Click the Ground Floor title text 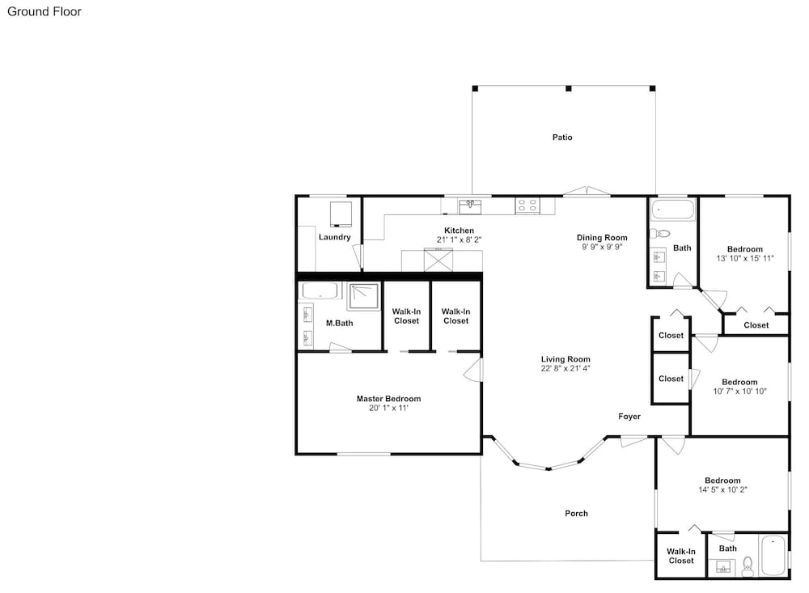44,11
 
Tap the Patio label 562,138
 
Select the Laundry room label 334,237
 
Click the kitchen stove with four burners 527,206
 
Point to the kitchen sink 470,207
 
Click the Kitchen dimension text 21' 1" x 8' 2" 459,239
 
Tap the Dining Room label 602,237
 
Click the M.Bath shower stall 364,296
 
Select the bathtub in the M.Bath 320,290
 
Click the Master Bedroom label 388,398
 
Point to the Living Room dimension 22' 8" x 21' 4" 565,368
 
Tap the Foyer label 629,417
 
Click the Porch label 576,514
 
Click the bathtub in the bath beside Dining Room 673,210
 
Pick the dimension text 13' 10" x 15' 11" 745,259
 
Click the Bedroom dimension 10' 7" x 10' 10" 740,392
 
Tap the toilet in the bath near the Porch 747,566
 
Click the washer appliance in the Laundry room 341,214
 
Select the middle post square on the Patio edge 569,89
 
